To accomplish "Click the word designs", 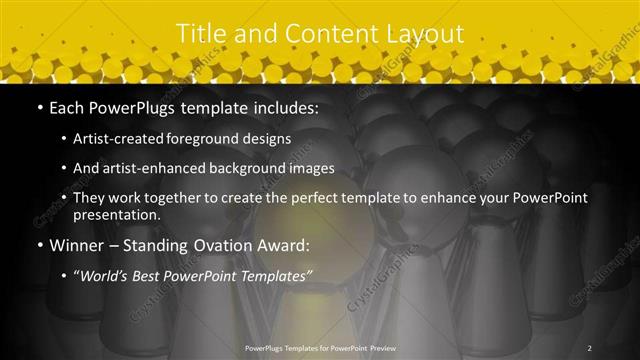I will pos(269,138).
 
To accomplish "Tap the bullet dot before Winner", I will pos(39,244).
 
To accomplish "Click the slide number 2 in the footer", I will pos(590,348).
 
